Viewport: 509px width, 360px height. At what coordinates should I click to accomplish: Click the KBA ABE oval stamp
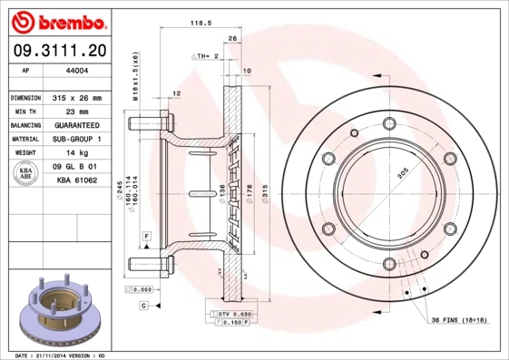(26, 174)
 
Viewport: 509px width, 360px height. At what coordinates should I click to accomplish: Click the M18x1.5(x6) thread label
(136, 80)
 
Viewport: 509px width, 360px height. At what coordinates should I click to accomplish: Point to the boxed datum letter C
(144, 306)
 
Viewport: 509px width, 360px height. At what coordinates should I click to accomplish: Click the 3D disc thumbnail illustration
(58, 309)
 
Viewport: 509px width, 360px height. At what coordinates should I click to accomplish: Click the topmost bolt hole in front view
(389, 125)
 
